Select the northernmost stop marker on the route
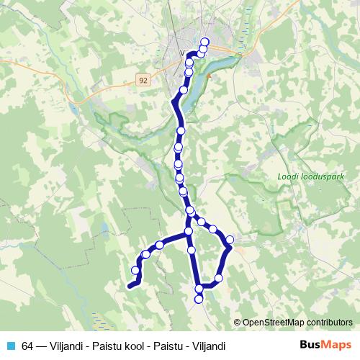click(x=204, y=42)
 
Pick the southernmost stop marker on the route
click(x=199, y=298)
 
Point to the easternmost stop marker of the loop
click(x=230, y=240)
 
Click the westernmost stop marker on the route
click(x=135, y=270)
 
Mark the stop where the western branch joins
click(x=189, y=231)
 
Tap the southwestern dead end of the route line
click(x=130, y=287)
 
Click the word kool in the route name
click(x=133, y=346)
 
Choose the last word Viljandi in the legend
click(x=207, y=346)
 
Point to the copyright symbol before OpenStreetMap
click(x=238, y=323)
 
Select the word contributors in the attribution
click(x=328, y=323)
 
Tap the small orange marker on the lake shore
click(x=208, y=73)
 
